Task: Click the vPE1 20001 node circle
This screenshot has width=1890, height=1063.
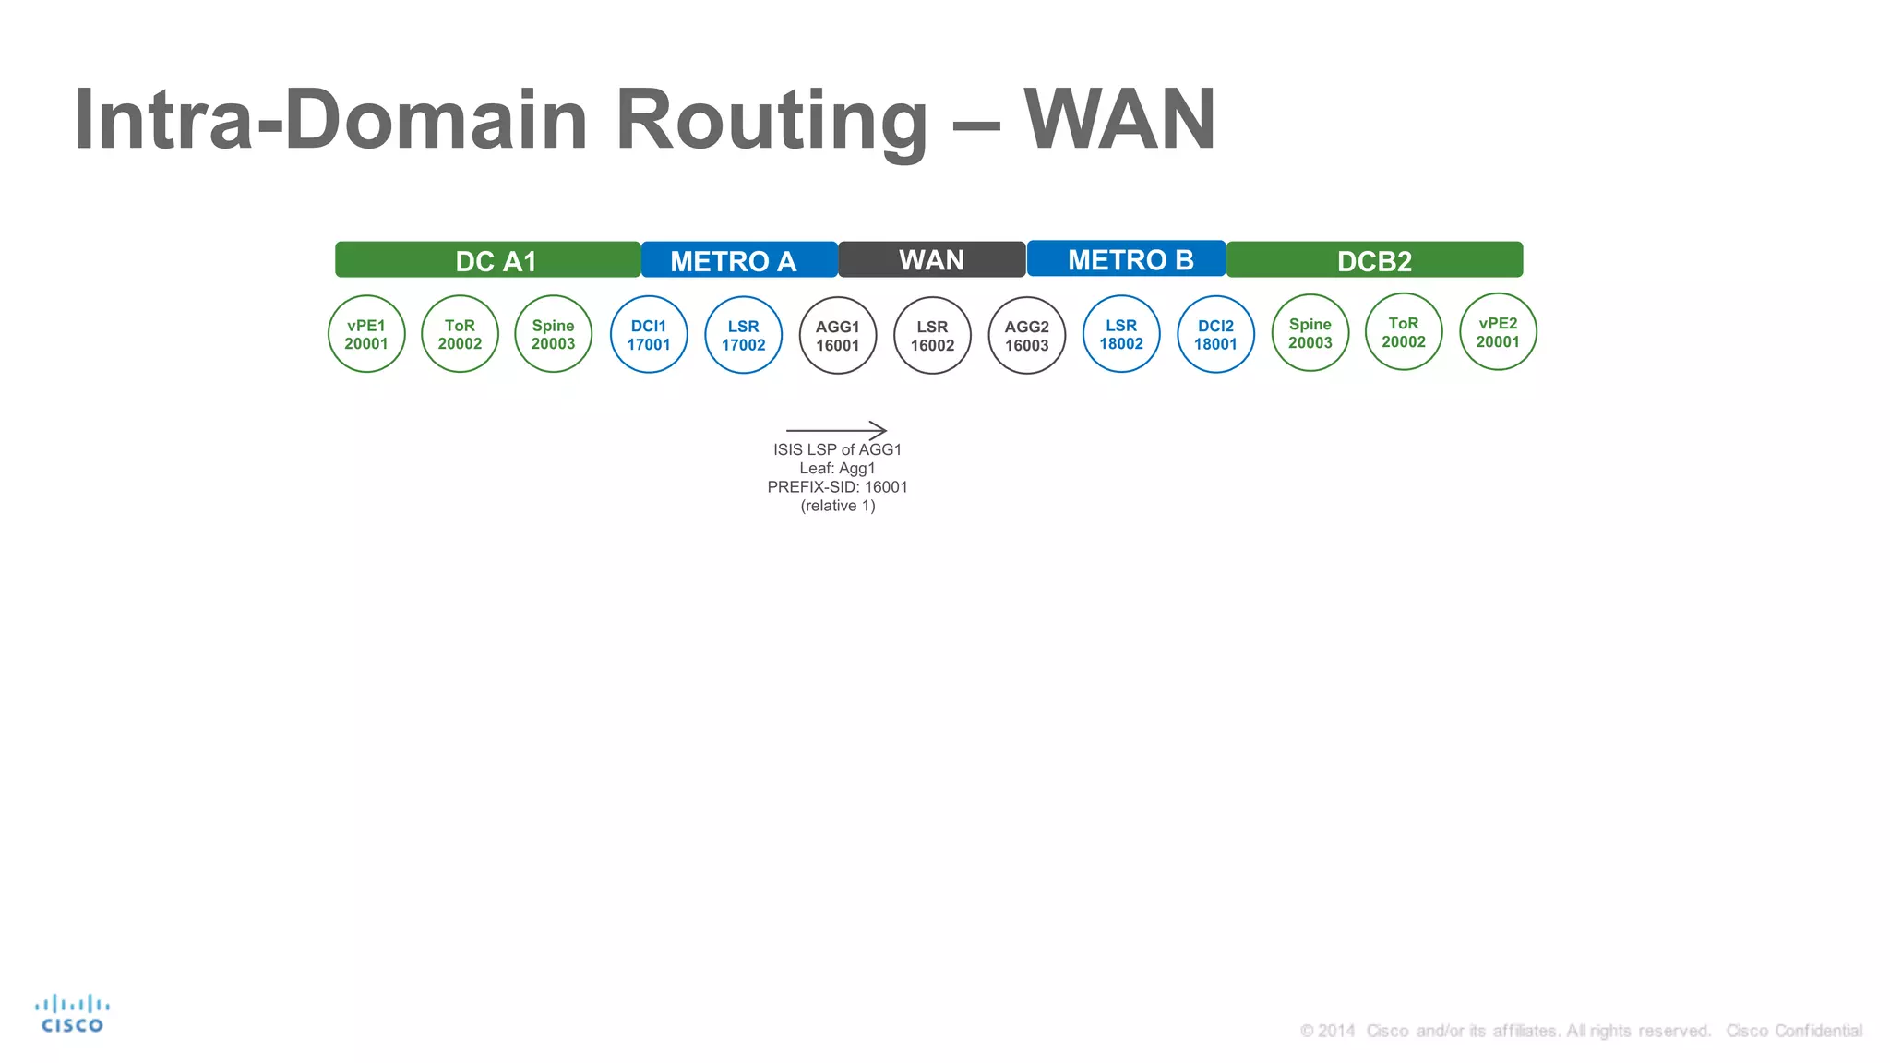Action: [x=366, y=334]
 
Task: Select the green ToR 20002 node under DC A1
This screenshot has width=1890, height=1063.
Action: [x=460, y=334]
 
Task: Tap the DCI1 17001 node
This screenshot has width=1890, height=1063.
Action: [x=649, y=335]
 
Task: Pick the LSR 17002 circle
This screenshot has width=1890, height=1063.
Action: [x=743, y=335]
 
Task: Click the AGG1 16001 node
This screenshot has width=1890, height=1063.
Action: [x=838, y=336]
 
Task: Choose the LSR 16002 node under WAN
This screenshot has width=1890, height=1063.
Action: [x=932, y=336]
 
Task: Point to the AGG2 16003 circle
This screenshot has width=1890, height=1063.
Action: [x=1027, y=336]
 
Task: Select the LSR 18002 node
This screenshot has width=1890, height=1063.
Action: [x=1121, y=334]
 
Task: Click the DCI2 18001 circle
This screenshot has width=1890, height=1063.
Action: [x=1215, y=335]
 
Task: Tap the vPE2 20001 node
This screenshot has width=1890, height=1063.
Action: [x=1498, y=332]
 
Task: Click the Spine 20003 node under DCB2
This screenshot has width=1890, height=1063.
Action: [x=1310, y=333]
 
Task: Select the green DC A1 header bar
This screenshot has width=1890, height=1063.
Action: [x=487, y=260]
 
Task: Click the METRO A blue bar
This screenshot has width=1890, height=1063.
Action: [x=738, y=260]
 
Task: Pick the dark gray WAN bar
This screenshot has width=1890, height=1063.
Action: [x=932, y=259]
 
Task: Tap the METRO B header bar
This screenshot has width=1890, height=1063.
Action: [x=1126, y=259]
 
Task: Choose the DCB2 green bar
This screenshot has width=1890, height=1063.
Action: [x=1374, y=260]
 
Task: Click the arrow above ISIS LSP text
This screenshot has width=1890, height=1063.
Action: [x=836, y=430]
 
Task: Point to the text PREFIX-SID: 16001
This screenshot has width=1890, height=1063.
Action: [x=837, y=487]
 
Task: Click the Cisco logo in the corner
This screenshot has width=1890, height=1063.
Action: [x=72, y=1013]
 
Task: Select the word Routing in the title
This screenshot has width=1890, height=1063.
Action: [x=771, y=120]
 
